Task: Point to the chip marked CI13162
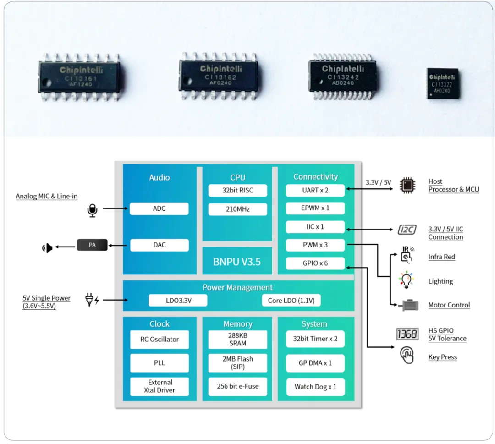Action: click(218, 74)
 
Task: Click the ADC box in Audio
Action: click(159, 208)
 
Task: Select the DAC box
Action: click(159, 245)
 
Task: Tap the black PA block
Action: click(92, 245)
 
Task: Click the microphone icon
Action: click(92, 210)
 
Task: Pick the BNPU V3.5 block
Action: click(237, 262)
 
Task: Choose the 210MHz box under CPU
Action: click(237, 209)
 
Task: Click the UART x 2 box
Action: click(315, 190)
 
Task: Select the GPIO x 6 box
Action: click(315, 263)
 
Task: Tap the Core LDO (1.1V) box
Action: click(291, 301)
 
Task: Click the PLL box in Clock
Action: click(159, 363)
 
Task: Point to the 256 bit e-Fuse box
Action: click(237, 386)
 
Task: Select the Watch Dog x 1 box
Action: click(315, 387)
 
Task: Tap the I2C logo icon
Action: click(407, 229)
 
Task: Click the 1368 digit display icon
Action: click(407, 334)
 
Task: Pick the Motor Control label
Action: click(449, 305)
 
